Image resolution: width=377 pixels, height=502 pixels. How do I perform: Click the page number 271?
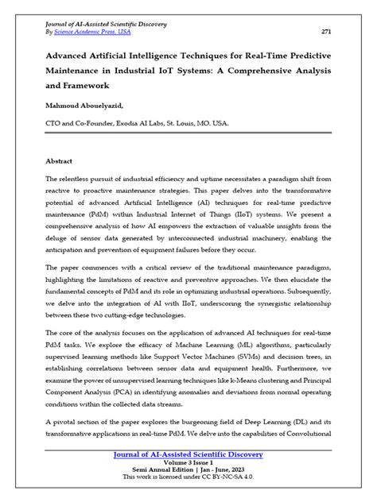tap(325, 32)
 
